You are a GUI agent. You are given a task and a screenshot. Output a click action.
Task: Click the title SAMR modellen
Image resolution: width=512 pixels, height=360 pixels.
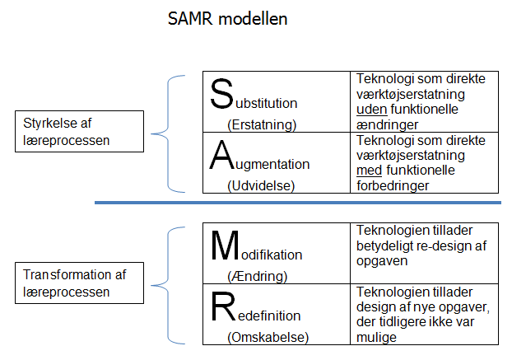[227, 19]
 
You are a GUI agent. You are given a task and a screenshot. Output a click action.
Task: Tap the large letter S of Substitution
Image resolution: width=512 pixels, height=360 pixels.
[221, 94]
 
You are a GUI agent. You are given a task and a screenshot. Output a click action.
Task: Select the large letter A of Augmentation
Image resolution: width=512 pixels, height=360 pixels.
[221, 155]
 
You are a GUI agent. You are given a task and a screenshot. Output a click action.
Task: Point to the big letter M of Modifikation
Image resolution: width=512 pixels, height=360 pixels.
[225, 245]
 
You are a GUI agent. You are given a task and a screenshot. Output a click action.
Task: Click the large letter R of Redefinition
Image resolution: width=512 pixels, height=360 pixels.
[223, 306]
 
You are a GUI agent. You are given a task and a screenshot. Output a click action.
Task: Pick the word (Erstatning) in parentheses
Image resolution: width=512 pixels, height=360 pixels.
[262, 124]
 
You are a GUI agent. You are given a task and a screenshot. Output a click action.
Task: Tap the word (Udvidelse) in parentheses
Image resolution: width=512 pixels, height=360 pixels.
[261, 186]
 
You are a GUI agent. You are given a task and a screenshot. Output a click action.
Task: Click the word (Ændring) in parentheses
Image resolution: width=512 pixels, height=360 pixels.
[258, 276]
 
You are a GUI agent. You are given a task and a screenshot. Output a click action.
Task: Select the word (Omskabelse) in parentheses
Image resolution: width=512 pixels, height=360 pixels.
[268, 338]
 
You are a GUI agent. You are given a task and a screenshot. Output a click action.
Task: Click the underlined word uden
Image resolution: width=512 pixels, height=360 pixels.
[372, 110]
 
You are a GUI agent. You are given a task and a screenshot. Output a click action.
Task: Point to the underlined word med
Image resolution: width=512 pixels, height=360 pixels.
[370, 171]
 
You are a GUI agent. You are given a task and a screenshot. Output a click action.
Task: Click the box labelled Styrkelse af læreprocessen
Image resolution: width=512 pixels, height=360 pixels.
[79, 131]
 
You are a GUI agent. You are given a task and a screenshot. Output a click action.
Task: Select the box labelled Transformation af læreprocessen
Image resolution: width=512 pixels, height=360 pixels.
[79, 283]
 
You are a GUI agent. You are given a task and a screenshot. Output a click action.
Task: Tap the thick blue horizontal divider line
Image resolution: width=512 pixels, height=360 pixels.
[298, 203]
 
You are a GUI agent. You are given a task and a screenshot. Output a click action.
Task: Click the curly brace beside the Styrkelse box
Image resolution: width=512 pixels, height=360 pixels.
[168, 134]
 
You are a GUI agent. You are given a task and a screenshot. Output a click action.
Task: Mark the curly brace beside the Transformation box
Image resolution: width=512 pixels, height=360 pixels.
[168, 286]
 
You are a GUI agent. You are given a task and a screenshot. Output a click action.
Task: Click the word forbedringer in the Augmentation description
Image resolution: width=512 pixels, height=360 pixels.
[393, 186]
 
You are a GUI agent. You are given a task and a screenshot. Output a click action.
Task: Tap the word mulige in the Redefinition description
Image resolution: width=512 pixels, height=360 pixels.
[376, 338]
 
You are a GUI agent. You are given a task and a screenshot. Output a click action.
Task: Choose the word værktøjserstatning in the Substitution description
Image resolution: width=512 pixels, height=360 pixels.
[411, 95]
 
